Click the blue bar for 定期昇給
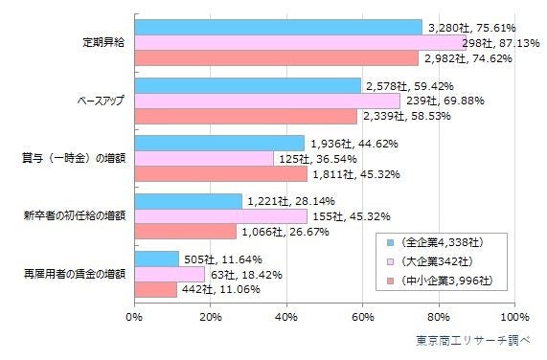tap(278, 28)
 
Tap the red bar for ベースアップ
tap(245, 116)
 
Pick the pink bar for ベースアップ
tap(267, 101)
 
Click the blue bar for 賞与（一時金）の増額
tap(219, 144)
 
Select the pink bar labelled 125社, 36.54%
tap(204, 159)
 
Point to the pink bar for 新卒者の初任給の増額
tap(220, 216)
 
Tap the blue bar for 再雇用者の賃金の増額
tap(156, 259)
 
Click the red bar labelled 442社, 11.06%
tap(155, 289)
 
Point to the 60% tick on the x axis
tap(362, 316)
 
